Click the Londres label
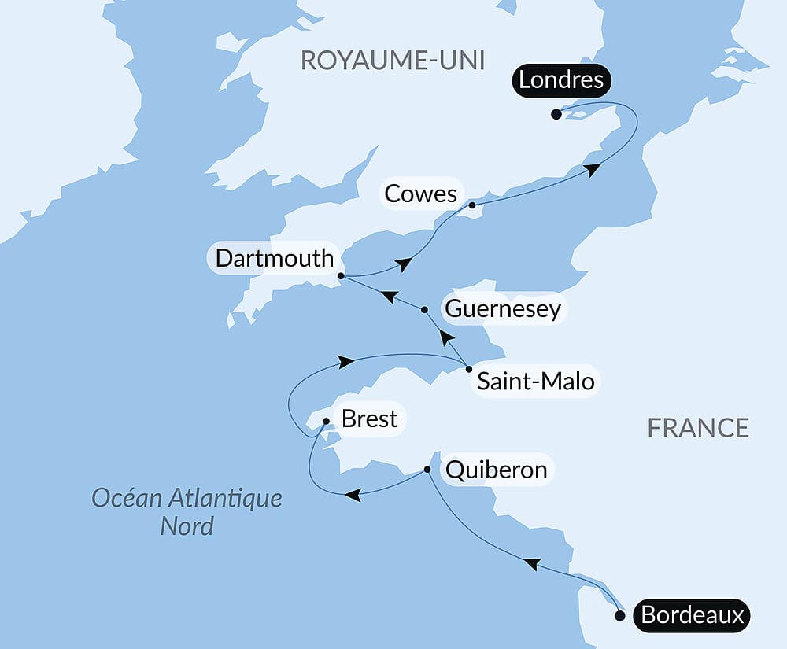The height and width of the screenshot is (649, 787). [560, 80]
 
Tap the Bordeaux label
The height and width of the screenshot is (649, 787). [692, 615]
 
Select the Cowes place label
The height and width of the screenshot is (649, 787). [421, 194]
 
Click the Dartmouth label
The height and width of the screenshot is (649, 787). [275, 259]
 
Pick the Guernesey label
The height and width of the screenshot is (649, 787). [503, 308]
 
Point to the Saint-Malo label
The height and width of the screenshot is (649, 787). [535, 383]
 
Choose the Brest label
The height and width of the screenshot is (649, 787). [369, 419]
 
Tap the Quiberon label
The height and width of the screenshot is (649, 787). [496, 470]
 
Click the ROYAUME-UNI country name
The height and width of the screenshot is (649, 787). [392, 61]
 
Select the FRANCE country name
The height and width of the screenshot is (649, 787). [698, 428]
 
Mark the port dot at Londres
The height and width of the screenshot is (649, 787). [556, 114]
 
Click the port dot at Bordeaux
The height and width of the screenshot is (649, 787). [620, 616]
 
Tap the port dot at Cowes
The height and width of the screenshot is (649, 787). [472, 205]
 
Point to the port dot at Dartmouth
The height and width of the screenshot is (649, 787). [341, 276]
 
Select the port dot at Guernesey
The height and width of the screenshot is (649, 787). [425, 310]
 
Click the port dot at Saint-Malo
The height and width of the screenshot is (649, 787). [469, 369]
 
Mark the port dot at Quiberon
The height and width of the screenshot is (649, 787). [427, 470]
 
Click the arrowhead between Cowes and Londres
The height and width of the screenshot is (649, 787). [592, 168]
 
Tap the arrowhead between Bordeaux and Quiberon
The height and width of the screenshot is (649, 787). [532, 563]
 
